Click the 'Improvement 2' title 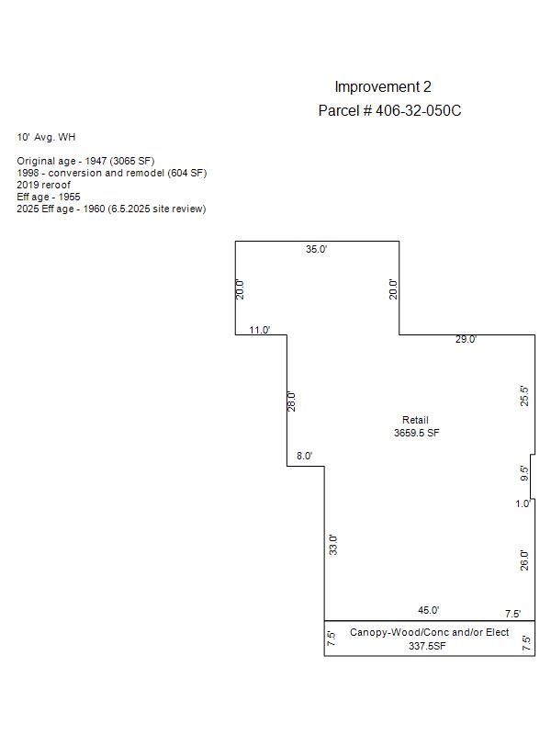coord(383,87)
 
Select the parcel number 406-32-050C coord(418,110)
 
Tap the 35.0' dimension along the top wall coord(316,249)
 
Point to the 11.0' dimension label coord(260,330)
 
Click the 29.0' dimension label coord(466,339)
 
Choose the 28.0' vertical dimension coord(291,401)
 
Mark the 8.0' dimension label coord(305,456)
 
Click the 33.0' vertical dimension coord(333,545)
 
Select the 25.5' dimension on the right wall coord(524,396)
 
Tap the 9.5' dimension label coord(524,473)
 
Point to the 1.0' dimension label coord(523,503)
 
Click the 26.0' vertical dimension coord(524,560)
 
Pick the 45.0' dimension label coord(429,610)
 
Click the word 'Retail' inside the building coord(416,420)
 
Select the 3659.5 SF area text coord(417,433)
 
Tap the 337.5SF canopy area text coord(427,646)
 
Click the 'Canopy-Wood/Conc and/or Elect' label coord(429,632)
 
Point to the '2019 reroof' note coord(43,185)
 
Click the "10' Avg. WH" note coord(46,137)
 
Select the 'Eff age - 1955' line coord(49,197)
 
